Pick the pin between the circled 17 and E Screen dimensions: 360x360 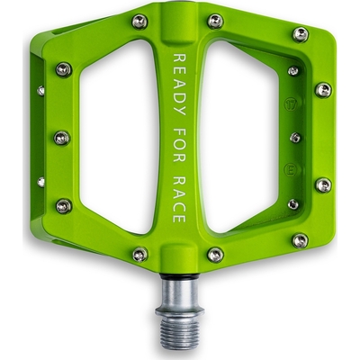pyautogui.click(x=294, y=138)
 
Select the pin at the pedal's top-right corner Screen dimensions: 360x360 pyautogui.click(x=301, y=34)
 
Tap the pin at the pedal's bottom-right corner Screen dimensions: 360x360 pyautogui.click(x=300, y=240)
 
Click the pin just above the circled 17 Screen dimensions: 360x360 pyautogui.click(x=293, y=71)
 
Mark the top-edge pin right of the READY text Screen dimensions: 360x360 pyautogui.click(x=215, y=21)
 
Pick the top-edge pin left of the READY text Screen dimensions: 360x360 pyautogui.click(x=139, y=21)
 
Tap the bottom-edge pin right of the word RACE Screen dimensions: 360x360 pyautogui.click(x=215, y=255)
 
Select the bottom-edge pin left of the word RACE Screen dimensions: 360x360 pyautogui.click(x=139, y=255)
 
